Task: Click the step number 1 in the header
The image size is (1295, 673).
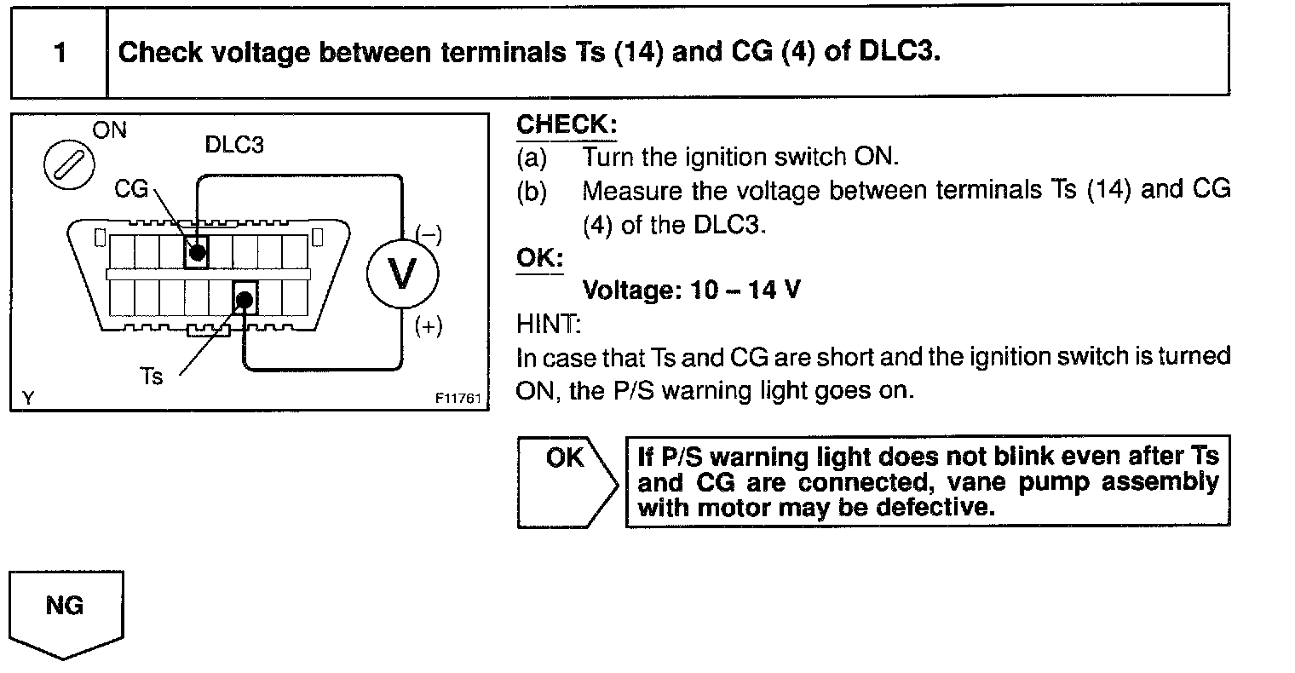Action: tap(59, 53)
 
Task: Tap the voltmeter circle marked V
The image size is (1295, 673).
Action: tap(401, 273)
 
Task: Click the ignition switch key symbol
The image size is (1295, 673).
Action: tap(69, 163)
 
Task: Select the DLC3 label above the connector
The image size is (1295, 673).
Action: tap(234, 145)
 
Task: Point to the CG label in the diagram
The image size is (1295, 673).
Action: tap(132, 189)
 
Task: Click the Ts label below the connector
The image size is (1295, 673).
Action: tap(152, 376)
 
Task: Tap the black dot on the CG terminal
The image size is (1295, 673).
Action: tap(197, 253)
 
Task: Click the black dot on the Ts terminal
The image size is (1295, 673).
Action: tap(245, 299)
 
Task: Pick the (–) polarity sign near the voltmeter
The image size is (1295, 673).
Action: tap(428, 235)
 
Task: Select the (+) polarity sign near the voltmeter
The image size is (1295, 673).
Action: tap(428, 327)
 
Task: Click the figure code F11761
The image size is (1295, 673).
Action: tap(458, 399)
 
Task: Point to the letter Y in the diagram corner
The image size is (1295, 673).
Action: tap(28, 397)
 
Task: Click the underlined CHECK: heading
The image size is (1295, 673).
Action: tap(566, 124)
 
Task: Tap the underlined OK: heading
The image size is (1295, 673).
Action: tap(539, 257)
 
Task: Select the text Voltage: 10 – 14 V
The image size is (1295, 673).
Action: tap(691, 290)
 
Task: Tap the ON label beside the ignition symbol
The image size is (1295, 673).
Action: tap(109, 130)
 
